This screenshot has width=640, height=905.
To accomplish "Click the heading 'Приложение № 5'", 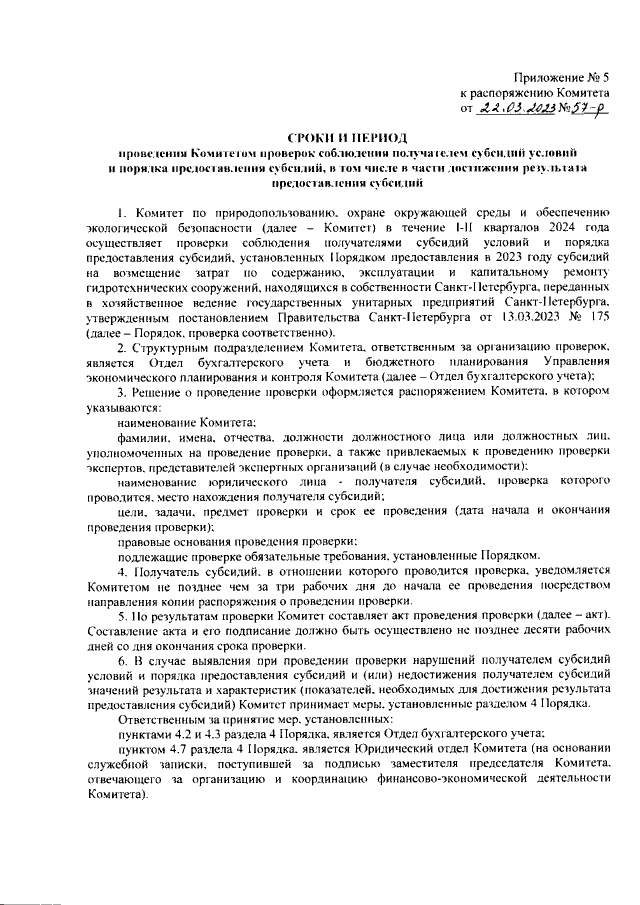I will click(x=561, y=77).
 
